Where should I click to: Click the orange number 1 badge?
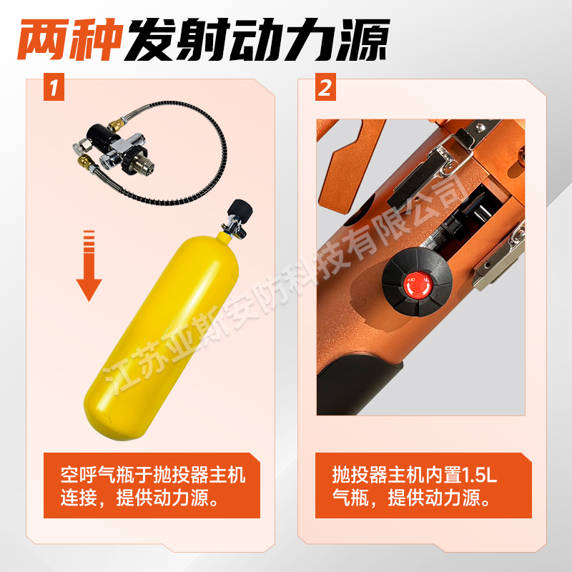[54, 87]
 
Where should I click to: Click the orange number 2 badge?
[325, 87]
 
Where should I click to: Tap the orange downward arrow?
[89, 265]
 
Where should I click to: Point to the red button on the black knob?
[418, 285]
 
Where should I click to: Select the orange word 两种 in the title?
[70, 39]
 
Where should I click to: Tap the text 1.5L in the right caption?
[479, 475]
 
